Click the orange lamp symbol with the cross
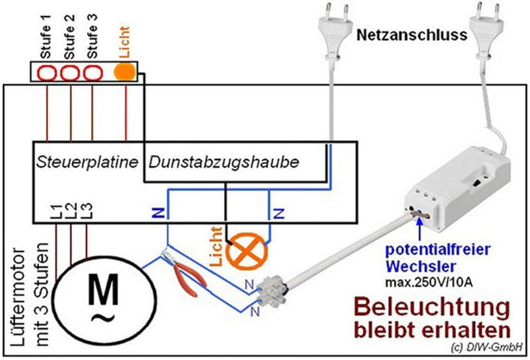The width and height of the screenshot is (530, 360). [244, 253]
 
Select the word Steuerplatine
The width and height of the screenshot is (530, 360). [87, 160]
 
